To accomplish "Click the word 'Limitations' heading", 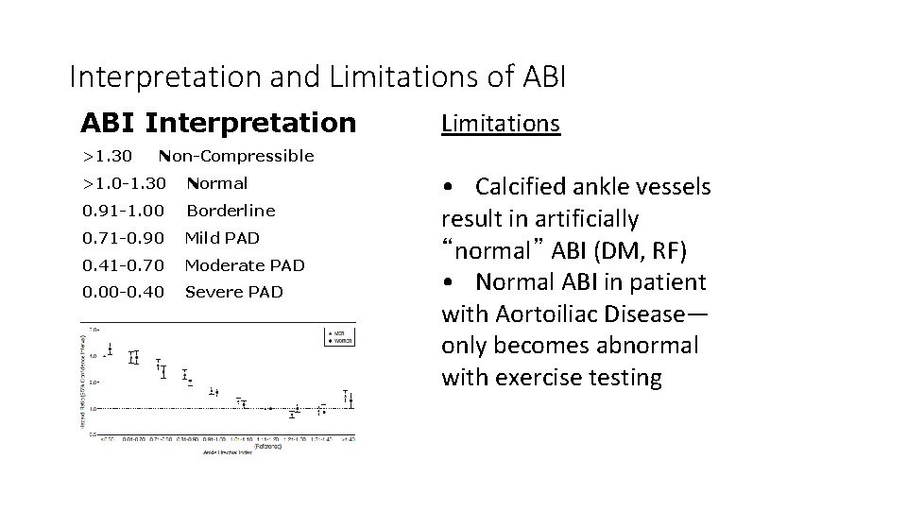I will (501, 124).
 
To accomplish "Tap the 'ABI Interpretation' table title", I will (218, 123).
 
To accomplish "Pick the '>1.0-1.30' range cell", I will (124, 183).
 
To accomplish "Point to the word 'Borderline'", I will (231, 211).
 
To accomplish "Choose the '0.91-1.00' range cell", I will (123, 211).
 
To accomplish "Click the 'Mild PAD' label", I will (222, 238).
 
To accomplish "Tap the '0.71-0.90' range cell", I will (123, 238).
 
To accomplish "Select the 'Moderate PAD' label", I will (245, 265).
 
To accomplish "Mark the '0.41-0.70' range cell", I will (123, 265).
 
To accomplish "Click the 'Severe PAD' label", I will (234, 292).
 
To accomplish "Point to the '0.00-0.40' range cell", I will (123, 292).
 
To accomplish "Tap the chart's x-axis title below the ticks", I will (227, 452).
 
